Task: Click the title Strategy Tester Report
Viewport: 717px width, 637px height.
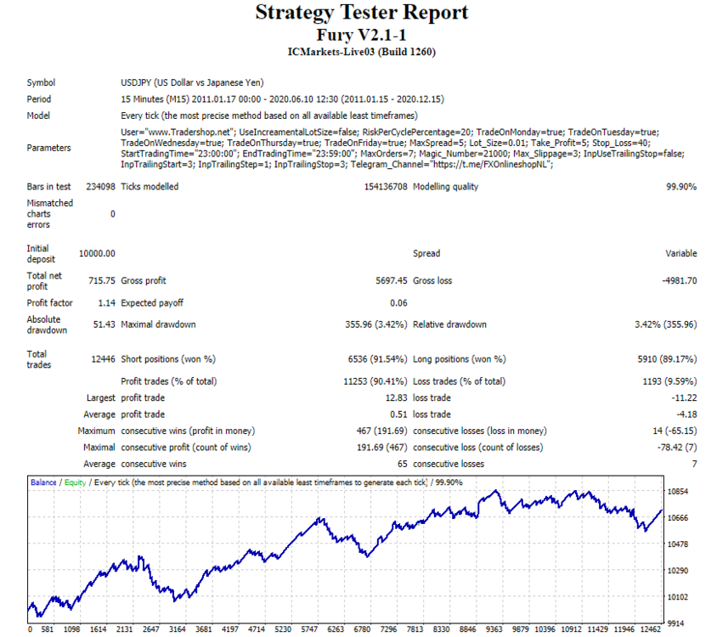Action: tap(362, 13)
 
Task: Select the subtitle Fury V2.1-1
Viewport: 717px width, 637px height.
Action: tap(361, 35)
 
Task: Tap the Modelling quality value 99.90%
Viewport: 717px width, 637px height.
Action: tap(681, 187)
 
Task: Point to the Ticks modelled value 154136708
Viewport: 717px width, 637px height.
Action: tap(386, 187)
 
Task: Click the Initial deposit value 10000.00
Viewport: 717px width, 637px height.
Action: tap(97, 253)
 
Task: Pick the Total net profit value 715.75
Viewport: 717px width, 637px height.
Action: tap(102, 280)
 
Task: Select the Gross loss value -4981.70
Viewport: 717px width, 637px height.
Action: tap(680, 280)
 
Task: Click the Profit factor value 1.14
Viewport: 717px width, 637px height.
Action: tap(106, 302)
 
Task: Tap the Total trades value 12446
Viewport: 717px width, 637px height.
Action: tap(104, 359)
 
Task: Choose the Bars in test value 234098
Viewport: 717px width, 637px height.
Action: tap(100, 187)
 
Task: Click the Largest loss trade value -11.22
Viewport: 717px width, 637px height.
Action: tap(684, 397)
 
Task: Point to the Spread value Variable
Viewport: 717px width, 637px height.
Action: tap(681, 253)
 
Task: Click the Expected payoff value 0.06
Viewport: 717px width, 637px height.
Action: tap(398, 302)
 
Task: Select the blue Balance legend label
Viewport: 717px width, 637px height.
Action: tap(43, 482)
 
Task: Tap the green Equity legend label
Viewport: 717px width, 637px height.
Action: tap(75, 482)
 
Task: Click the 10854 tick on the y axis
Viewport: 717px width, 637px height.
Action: tap(678, 492)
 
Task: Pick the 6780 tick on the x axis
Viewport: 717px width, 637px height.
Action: tap(362, 629)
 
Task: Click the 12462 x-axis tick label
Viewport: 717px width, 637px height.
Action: tap(650, 629)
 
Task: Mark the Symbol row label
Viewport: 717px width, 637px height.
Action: tap(41, 82)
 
